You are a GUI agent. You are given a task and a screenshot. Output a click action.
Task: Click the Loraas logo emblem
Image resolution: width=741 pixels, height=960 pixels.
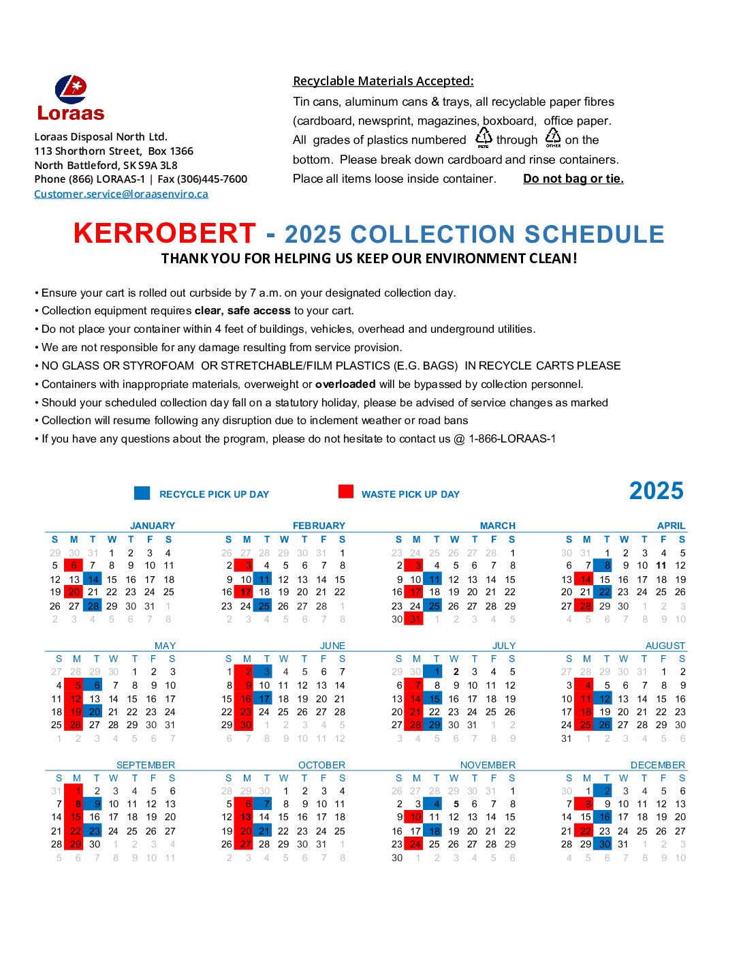click(71, 89)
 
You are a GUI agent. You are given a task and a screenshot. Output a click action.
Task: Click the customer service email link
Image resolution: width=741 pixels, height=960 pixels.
click(121, 194)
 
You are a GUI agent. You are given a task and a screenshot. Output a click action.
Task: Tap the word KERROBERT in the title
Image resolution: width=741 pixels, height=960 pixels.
click(164, 233)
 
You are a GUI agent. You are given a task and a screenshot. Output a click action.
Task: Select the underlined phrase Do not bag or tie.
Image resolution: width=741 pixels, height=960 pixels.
click(573, 179)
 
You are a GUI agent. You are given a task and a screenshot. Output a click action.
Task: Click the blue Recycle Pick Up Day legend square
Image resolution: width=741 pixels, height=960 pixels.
click(142, 493)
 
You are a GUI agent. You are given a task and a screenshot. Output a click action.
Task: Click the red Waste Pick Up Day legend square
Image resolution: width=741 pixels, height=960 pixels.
click(346, 492)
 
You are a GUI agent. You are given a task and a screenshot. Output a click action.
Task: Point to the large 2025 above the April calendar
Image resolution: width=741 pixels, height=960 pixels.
click(656, 491)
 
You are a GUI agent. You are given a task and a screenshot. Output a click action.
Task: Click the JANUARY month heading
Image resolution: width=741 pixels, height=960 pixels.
click(153, 526)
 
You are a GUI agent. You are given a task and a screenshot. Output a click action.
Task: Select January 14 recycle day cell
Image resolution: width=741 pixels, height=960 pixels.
click(93, 580)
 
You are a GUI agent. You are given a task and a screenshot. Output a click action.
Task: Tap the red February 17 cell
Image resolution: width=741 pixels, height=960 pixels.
click(245, 592)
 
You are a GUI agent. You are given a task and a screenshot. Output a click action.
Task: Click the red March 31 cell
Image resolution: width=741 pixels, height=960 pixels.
click(415, 619)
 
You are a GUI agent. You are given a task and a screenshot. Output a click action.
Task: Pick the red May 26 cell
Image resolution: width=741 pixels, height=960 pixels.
click(75, 725)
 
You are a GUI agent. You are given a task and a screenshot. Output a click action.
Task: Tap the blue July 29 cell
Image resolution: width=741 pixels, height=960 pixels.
click(433, 725)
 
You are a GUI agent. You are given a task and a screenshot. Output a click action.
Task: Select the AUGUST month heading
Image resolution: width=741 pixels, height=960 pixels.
click(665, 645)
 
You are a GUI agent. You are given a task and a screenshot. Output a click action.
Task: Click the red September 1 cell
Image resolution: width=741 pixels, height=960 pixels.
click(75, 791)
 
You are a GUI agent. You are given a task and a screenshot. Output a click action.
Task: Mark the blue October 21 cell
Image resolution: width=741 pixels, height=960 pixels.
click(264, 831)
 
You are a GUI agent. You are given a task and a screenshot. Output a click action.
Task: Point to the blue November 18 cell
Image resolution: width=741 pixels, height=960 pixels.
click(433, 831)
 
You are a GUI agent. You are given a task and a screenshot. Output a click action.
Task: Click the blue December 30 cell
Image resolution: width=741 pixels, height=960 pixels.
click(603, 844)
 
